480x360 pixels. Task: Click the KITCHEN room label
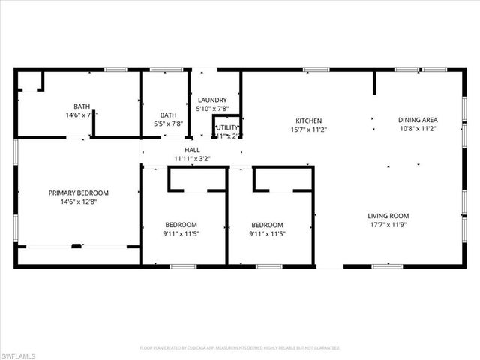coord(308,121)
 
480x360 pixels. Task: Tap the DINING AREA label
coord(418,120)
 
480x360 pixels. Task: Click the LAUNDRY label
coord(212,100)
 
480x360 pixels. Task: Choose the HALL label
coord(192,150)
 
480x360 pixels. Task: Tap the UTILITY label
coord(226,127)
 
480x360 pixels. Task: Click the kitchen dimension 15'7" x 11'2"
coord(308,130)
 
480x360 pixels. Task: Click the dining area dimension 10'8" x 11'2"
coord(418,129)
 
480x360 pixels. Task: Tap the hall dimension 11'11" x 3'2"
coord(192,159)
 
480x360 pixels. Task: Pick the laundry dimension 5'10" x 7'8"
coord(212,109)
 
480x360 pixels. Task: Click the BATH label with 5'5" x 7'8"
coord(168,115)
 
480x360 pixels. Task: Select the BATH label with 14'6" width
coord(81,106)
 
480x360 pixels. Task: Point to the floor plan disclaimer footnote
coord(240,348)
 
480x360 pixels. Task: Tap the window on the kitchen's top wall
coord(315,70)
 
